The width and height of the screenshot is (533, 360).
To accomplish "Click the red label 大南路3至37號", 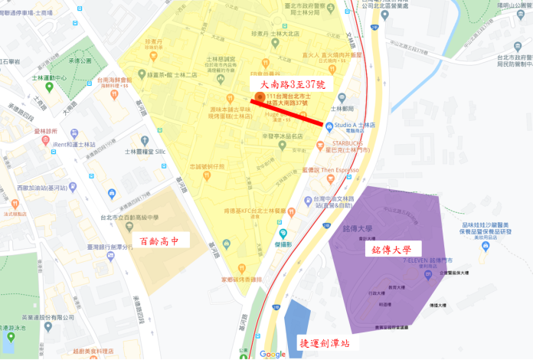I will (x=288, y=84).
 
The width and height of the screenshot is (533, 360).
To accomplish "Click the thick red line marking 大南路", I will (x=286, y=112).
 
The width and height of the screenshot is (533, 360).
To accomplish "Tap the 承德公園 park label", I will (x=100, y=61).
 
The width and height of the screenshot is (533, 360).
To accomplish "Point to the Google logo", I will (x=272, y=353).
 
